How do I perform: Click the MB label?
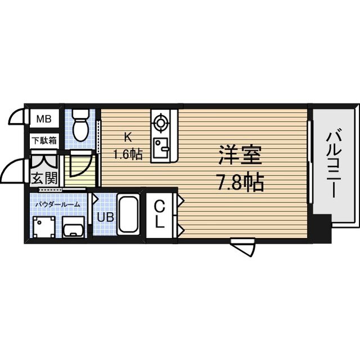43,119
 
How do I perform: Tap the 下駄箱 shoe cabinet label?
43,141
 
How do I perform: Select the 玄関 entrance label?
43,179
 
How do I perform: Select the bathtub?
129,216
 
